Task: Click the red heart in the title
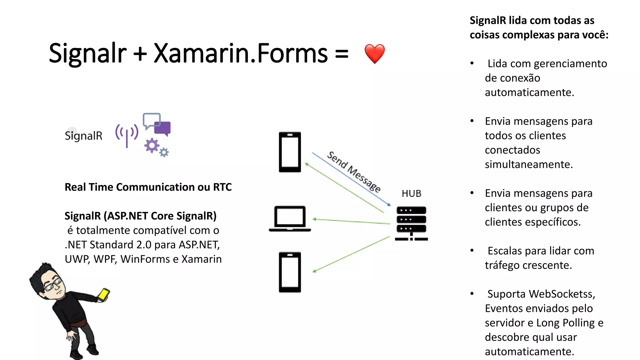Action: [374, 54]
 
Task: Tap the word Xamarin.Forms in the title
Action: [241, 53]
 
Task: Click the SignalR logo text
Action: [83, 136]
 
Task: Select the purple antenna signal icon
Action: [127, 134]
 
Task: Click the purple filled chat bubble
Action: [163, 128]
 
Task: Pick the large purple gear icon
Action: [152, 146]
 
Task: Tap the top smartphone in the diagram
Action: [290, 152]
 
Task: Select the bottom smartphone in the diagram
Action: [290, 272]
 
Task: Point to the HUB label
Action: [411, 194]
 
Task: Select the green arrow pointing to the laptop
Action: [352, 222]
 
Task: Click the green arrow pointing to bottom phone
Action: [352, 254]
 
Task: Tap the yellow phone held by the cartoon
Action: [103, 294]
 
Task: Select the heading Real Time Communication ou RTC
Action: [148, 187]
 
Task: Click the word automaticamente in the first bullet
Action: [529, 92]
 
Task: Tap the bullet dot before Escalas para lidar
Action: [472, 251]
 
